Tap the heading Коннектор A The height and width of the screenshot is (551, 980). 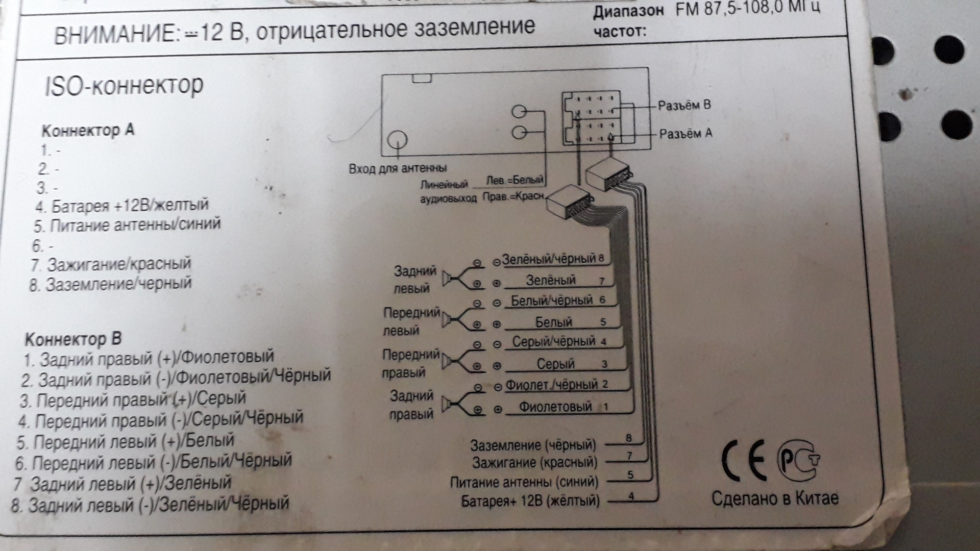[87, 131]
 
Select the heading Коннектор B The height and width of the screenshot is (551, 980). [73, 339]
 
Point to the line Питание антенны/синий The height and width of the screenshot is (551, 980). [127, 224]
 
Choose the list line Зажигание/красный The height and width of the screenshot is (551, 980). [111, 264]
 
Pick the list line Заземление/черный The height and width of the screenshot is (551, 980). [111, 284]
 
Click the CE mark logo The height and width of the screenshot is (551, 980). [743, 461]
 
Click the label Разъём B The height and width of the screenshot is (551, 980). [684, 106]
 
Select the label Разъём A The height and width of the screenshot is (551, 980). [685, 134]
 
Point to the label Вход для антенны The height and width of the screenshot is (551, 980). [398, 168]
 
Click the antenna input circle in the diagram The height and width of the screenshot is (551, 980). [397, 140]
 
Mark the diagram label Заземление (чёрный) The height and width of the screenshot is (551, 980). [532, 445]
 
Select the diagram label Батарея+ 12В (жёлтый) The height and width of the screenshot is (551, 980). [530, 501]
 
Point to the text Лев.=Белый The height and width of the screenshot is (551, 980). [514, 180]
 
